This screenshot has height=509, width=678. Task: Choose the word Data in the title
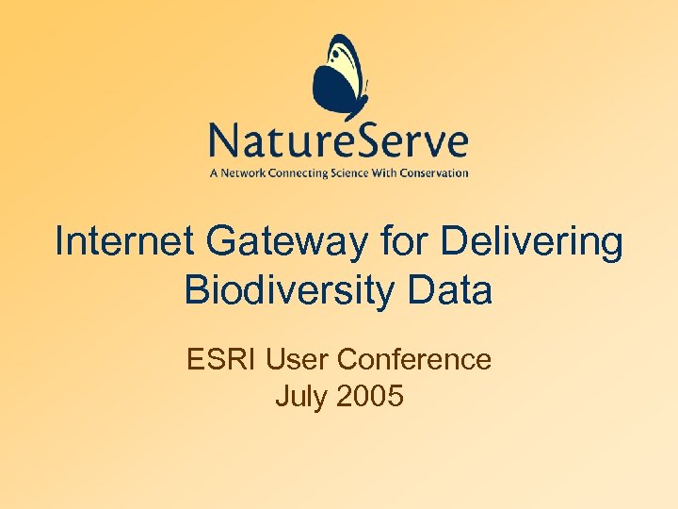point(450,289)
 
